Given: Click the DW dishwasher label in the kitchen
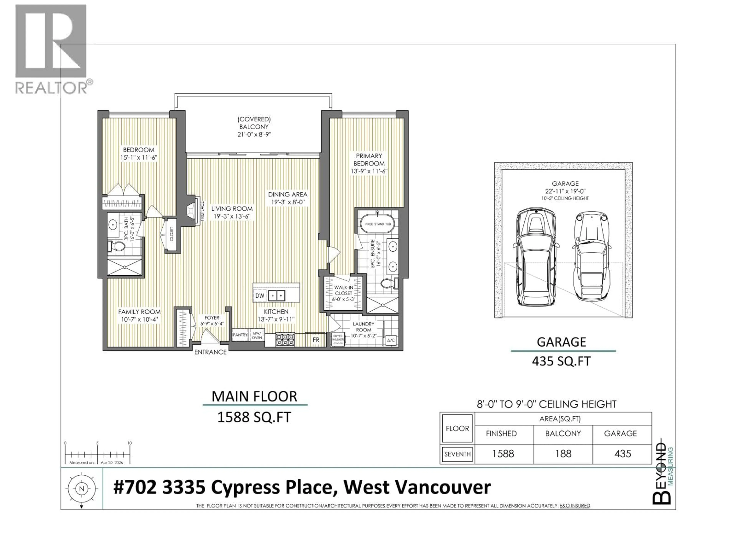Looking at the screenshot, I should (x=259, y=296).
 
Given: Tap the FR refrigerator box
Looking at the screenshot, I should (x=316, y=340).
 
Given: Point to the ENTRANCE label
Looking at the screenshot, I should (x=210, y=352).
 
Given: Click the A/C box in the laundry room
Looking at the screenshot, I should (x=391, y=340).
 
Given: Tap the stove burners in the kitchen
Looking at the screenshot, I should (x=285, y=340).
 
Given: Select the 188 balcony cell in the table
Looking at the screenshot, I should (x=563, y=454).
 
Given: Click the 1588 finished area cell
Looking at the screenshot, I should (x=503, y=454).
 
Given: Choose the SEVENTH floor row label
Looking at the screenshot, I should (x=457, y=454).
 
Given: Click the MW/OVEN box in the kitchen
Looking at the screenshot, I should (x=257, y=335).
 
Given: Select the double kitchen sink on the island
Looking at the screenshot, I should (x=277, y=295).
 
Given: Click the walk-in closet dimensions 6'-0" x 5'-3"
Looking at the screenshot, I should (x=344, y=299).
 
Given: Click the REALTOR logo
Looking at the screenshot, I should (x=52, y=49).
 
